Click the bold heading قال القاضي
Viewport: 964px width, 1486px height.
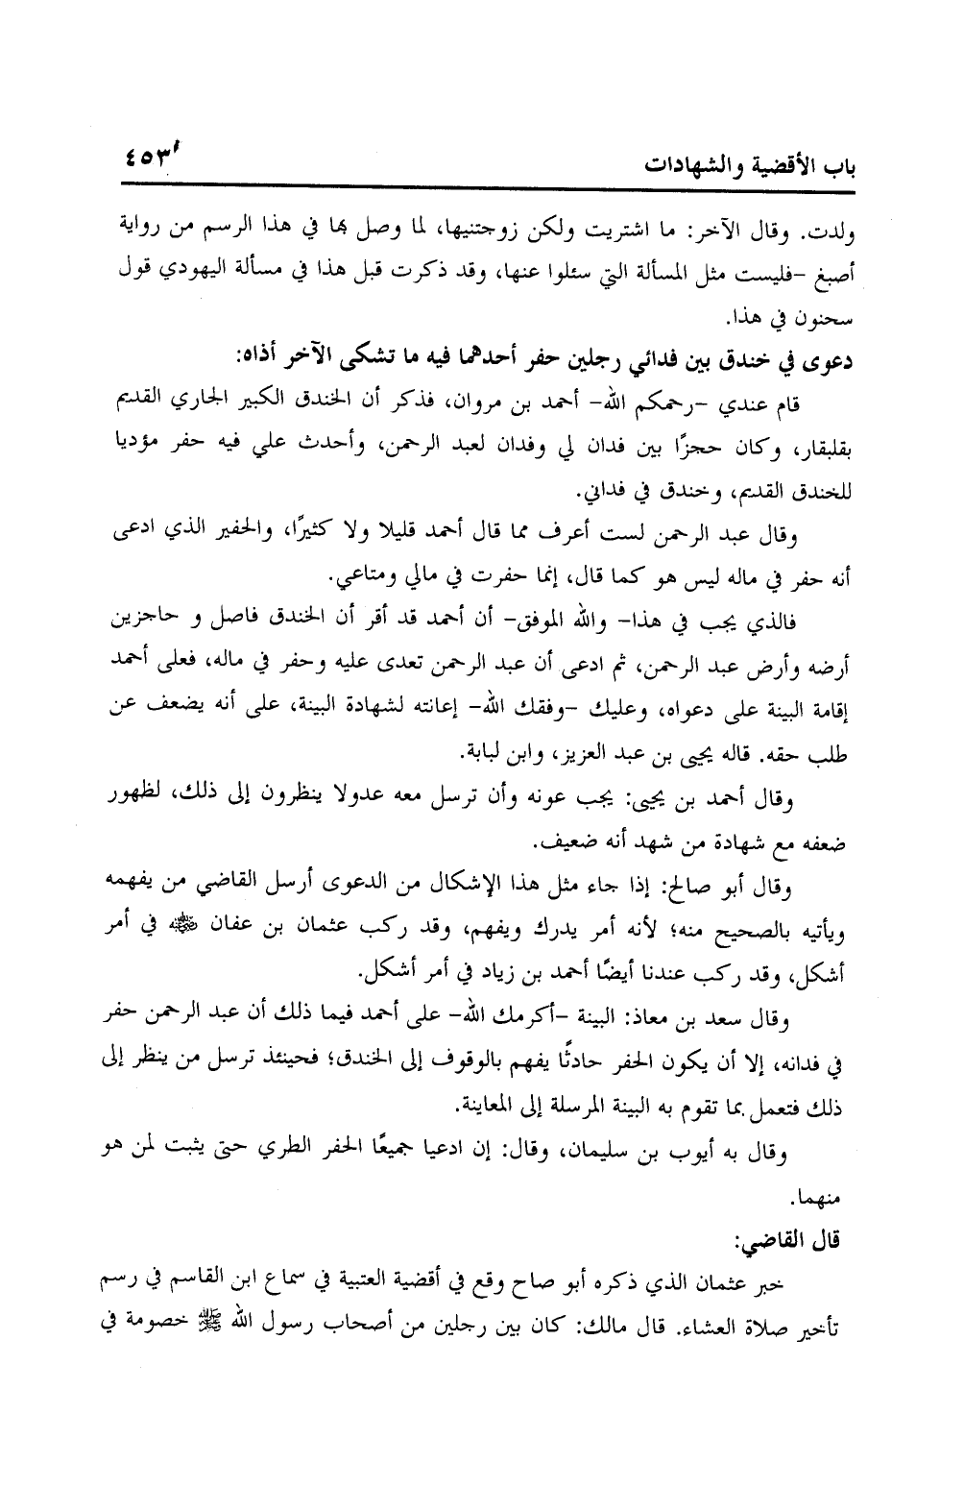point(802,1241)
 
